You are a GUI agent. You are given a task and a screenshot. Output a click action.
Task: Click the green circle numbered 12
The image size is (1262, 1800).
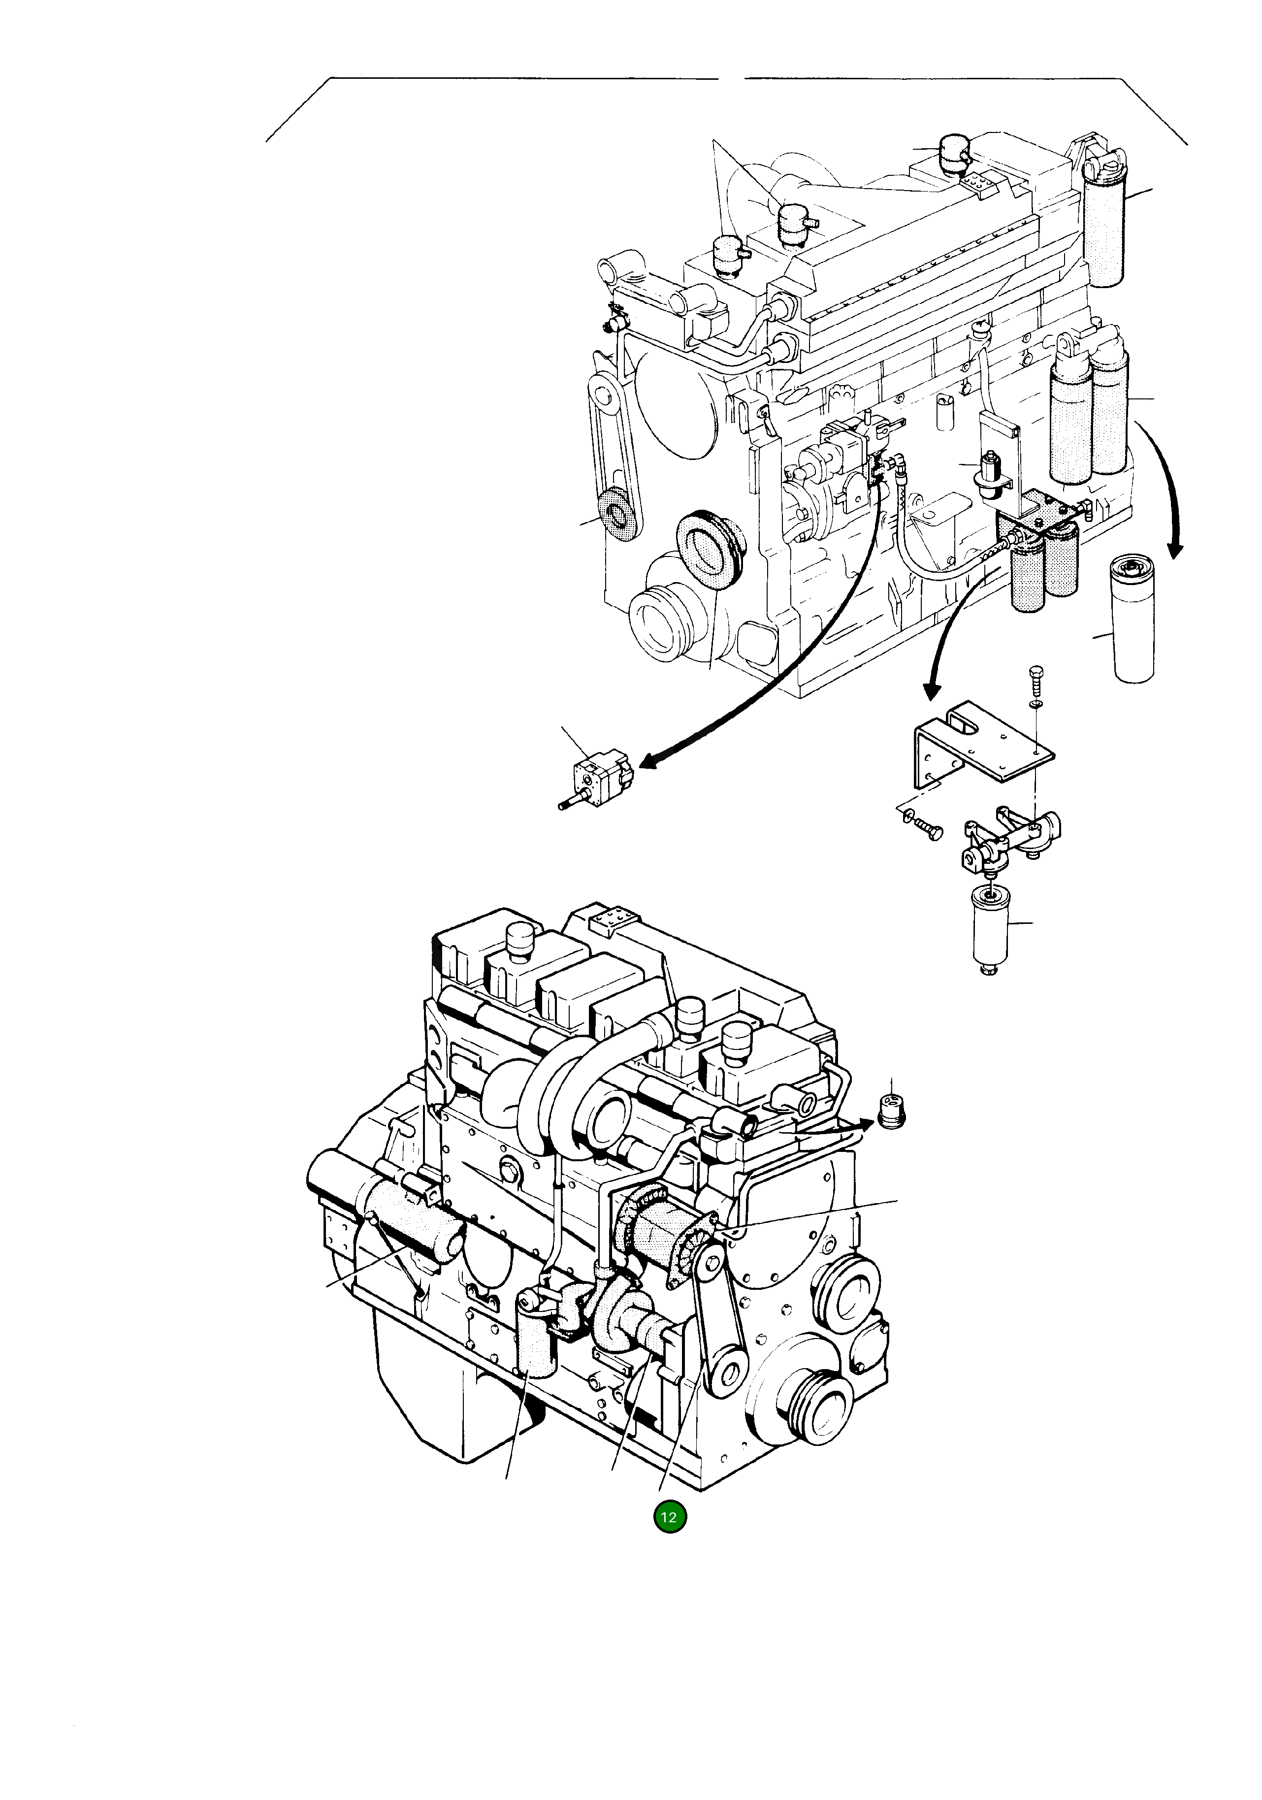[670, 1517]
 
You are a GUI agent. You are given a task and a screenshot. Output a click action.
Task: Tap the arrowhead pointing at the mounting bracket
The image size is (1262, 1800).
[931, 690]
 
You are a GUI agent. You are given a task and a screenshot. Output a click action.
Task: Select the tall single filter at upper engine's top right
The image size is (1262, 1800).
[1105, 228]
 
